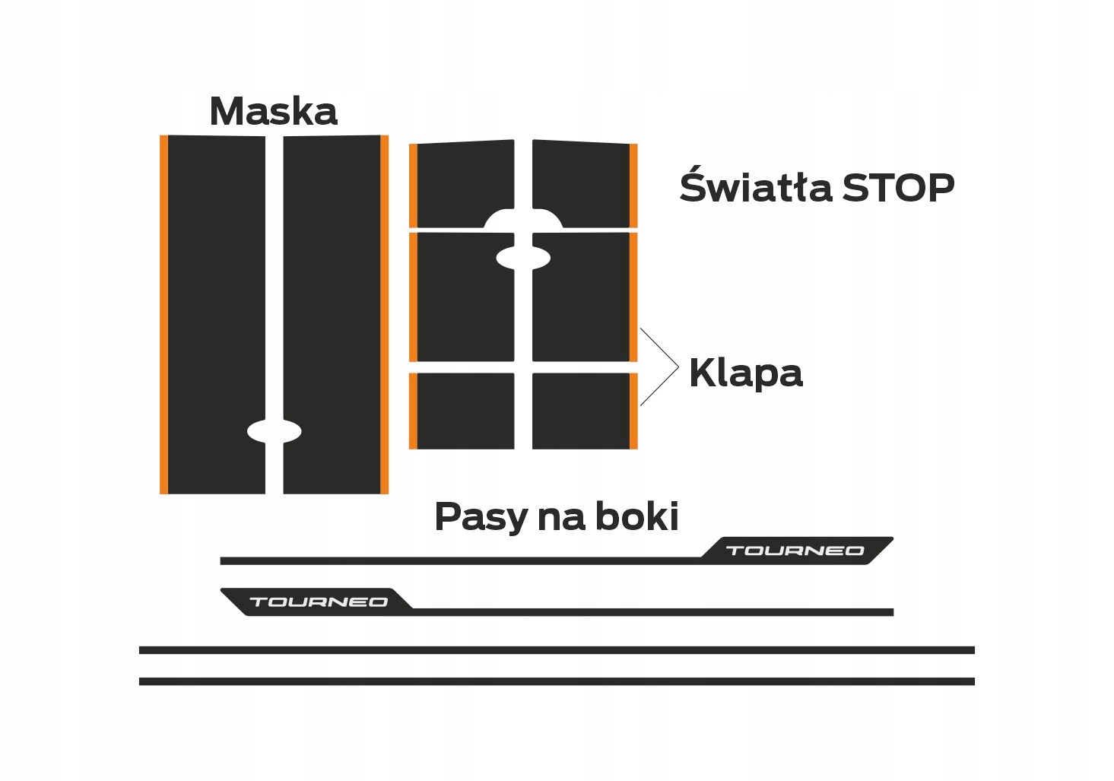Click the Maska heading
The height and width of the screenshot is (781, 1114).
273,112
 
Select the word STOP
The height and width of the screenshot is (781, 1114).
898,188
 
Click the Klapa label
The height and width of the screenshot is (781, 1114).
745,373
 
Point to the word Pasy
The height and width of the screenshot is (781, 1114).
481,518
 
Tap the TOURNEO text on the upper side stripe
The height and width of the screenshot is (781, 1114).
795,551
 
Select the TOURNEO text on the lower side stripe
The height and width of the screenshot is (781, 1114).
319,602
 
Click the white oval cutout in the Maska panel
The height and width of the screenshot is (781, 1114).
275,431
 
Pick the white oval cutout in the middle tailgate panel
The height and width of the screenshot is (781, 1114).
523,258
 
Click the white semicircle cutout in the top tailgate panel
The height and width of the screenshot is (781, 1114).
523,219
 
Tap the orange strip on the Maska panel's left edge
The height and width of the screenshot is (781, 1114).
163,314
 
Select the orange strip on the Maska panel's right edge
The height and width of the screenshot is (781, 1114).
384,314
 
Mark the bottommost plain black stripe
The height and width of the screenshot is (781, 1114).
557,681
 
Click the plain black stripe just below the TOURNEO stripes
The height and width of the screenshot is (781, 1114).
557,650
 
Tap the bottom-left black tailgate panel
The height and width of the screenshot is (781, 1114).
465,411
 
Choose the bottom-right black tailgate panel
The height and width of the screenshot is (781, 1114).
581,411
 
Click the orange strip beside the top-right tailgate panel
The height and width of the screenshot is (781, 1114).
633,185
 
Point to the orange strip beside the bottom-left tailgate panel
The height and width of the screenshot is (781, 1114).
413,411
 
